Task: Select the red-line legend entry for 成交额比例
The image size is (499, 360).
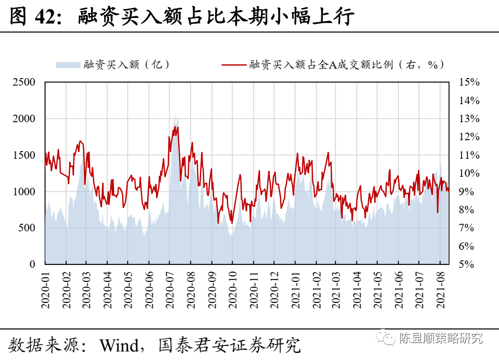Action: click(333, 64)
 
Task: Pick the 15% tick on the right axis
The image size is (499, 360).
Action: click(469, 83)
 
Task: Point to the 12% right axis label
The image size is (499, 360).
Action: click(469, 137)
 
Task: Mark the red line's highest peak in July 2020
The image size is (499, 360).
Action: click(177, 127)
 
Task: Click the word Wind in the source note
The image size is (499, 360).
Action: click(118, 345)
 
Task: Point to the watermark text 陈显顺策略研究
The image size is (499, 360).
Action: click(441, 338)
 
